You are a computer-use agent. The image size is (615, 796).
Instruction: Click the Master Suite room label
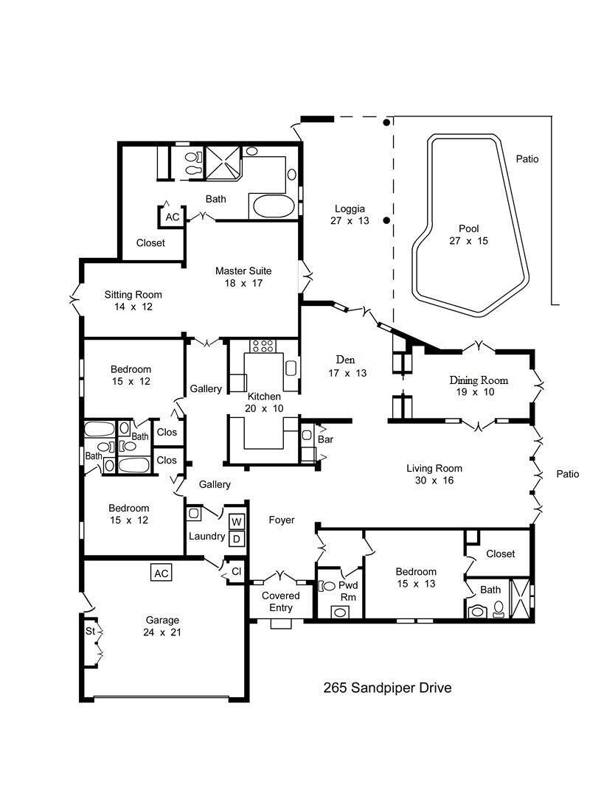pos(243,271)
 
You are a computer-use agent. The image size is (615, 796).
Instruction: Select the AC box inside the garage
pos(161,573)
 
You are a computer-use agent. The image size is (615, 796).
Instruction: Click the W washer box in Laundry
pos(236,523)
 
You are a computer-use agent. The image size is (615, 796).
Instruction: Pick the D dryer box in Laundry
pos(236,539)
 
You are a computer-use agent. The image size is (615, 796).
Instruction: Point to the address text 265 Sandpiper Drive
pos(387,688)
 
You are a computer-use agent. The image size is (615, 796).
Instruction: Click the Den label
pos(346,360)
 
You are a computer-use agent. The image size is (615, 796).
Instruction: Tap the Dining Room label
pos(479,380)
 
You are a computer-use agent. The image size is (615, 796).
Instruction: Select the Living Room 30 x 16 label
pos(434,474)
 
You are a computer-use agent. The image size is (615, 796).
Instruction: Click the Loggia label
pos(350,209)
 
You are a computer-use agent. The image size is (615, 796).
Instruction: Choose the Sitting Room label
pos(133,295)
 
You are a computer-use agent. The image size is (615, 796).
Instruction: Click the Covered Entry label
pos(281,601)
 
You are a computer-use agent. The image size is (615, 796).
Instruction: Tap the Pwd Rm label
pos(347,590)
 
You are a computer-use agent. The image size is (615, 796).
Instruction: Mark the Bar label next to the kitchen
pos(325,439)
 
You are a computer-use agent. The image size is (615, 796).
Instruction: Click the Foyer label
pos(281,520)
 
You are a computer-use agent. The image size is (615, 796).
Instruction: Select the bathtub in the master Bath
pos(271,206)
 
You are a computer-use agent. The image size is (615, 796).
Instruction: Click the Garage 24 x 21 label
pos(162,626)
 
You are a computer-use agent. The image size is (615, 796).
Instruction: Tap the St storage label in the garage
pos(90,631)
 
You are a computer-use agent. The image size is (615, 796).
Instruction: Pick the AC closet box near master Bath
pos(173,217)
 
